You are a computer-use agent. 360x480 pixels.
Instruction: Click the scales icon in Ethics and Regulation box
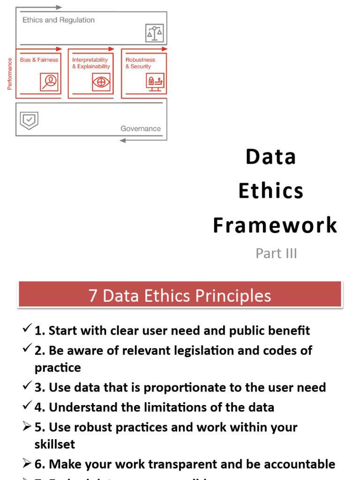coord(154,33)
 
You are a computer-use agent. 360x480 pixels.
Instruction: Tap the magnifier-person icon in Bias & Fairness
coord(49,82)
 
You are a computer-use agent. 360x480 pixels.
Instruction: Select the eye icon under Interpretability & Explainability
coord(101,82)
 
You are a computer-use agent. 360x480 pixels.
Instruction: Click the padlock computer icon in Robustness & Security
coord(155,82)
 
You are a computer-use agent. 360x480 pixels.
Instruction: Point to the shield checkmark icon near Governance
coord(29,120)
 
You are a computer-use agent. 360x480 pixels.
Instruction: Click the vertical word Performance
coord(10,74)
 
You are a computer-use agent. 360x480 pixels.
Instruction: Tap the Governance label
coord(140,128)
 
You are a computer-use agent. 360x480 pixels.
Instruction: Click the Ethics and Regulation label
coord(59,20)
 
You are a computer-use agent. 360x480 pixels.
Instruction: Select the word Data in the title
coord(271,157)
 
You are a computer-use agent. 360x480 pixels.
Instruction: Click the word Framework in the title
coord(275,225)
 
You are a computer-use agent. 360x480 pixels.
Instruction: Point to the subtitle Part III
coord(276,254)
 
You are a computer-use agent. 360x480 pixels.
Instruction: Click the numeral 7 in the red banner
coord(93,296)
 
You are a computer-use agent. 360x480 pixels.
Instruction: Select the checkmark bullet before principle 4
coord(27,405)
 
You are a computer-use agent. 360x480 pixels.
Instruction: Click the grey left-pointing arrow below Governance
coord(123,140)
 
